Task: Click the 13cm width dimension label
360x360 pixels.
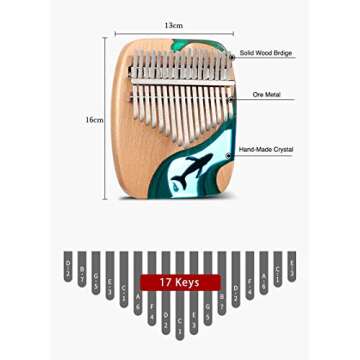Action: (175, 25)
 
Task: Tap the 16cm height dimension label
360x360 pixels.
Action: (94, 118)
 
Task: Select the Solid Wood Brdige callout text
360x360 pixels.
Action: (269, 53)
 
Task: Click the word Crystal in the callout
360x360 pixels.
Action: (283, 150)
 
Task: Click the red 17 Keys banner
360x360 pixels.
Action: (180, 282)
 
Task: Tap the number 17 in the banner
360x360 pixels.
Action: (166, 282)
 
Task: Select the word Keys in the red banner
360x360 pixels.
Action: (189, 282)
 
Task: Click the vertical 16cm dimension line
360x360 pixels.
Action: (105, 118)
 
